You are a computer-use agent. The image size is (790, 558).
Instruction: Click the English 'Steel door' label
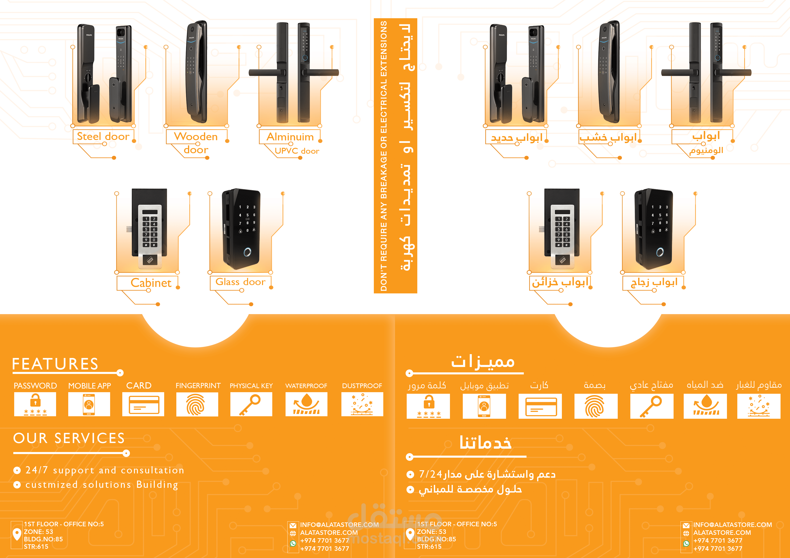click(x=103, y=137)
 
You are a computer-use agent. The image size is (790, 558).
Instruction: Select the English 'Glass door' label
click(x=240, y=282)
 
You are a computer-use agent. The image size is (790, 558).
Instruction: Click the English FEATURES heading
click(x=55, y=364)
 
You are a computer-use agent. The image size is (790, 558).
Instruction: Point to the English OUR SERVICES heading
click(x=69, y=438)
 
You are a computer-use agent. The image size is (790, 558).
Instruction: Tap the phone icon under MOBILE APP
click(x=89, y=404)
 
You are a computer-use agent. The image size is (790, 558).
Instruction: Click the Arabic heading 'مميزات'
click(x=483, y=362)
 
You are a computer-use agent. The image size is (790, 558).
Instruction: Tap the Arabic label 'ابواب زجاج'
click(x=654, y=282)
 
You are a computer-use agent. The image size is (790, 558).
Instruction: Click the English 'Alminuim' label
click(x=290, y=137)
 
